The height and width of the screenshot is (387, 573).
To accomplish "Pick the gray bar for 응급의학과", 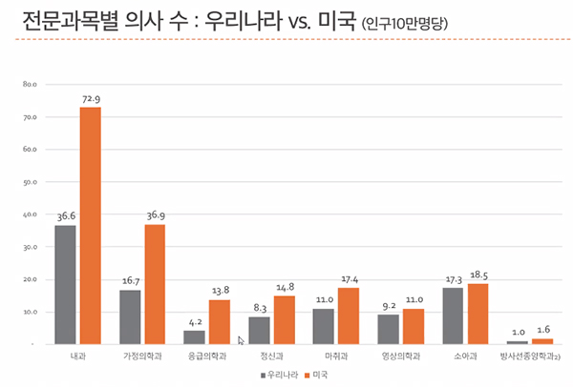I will click(x=194, y=336).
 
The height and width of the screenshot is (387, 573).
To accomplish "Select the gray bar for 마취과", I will click(x=324, y=326).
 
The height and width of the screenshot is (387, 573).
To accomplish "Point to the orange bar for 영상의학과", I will click(x=414, y=326).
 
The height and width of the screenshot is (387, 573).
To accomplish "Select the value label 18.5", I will click(x=478, y=275).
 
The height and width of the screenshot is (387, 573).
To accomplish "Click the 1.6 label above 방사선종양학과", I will click(x=542, y=330).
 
